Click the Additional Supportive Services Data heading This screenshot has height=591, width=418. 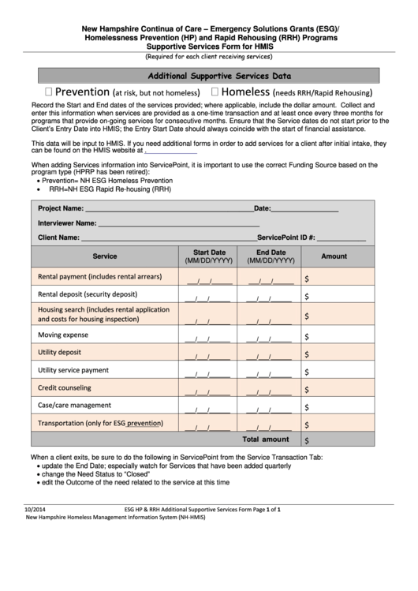pos(220,77)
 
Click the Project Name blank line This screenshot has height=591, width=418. pos(169,209)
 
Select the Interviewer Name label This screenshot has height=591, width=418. pos(67,223)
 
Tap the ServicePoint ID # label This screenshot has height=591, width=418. pos(286,238)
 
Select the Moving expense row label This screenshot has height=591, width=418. pos(63,335)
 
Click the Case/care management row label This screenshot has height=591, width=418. pos(74,405)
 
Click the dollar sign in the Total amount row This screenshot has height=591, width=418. pos(307,440)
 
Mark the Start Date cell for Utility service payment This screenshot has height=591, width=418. pos(209,371)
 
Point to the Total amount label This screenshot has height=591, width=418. pos(265,440)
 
